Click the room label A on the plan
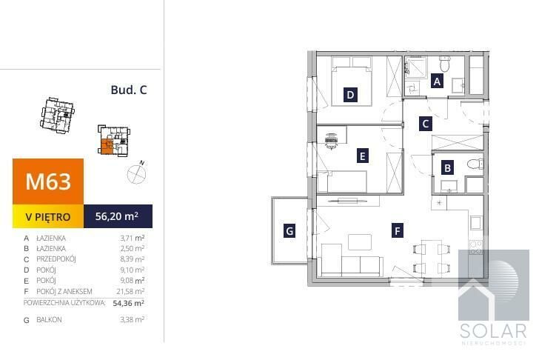click(x=437, y=81)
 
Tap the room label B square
click(x=447, y=167)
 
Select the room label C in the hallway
click(x=426, y=124)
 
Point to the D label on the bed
click(x=350, y=95)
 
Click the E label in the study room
click(x=362, y=156)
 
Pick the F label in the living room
click(x=397, y=231)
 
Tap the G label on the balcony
click(x=289, y=231)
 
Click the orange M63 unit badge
click(x=48, y=181)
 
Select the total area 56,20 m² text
click(x=117, y=216)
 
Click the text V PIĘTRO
click(x=48, y=217)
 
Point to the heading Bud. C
click(x=129, y=90)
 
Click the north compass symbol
click(x=137, y=173)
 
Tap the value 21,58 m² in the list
click(x=130, y=292)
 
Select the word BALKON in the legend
click(x=49, y=319)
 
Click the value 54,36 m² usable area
click(x=128, y=303)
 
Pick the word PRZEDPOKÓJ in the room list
click(x=56, y=259)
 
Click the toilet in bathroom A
click(x=444, y=64)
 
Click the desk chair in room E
click(x=331, y=141)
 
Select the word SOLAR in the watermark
click(x=493, y=331)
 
